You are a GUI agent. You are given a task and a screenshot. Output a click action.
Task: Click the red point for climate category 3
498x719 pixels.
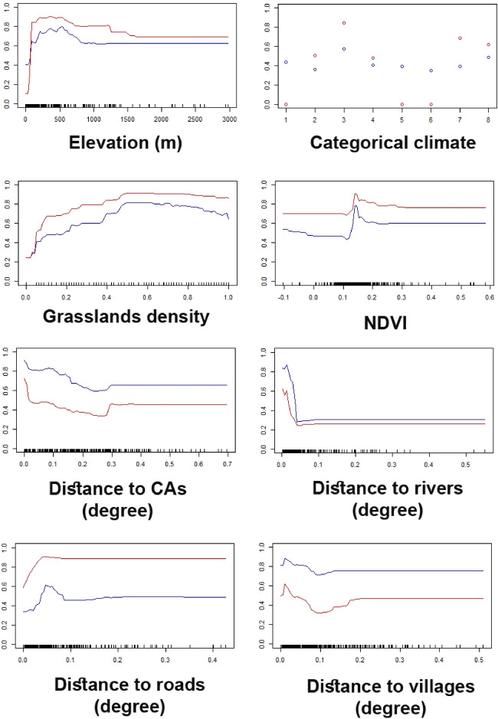click(x=343, y=23)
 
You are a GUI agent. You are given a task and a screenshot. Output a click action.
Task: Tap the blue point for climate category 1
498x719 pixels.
click(x=286, y=62)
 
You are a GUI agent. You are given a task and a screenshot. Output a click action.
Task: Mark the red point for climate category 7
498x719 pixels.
click(x=460, y=38)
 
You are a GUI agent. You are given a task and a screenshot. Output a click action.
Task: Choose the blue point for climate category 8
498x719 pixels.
click(x=488, y=57)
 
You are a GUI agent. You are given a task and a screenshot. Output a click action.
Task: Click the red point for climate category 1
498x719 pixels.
click(x=286, y=104)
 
